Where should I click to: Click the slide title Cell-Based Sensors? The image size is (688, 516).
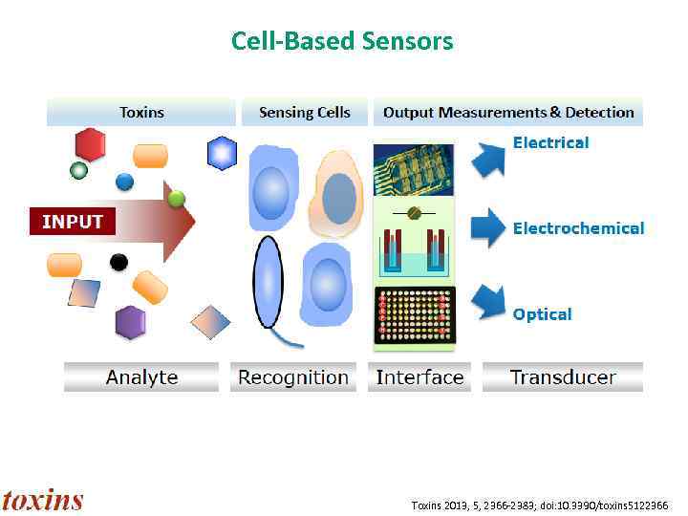click(x=342, y=41)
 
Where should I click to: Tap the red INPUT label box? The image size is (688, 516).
click(x=72, y=222)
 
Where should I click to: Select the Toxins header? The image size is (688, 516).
click(x=141, y=113)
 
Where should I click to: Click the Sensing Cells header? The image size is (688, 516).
click(x=304, y=113)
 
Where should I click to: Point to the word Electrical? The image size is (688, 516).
click(x=550, y=142)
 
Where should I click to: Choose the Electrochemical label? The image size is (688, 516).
click(x=578, y=228)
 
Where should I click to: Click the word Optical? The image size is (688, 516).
click(x=542, y=314)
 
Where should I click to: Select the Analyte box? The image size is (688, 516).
click(x=141, y=376)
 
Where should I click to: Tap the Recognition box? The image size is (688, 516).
click(x=292, y=376)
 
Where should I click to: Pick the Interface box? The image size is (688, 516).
click(x=419, y=376)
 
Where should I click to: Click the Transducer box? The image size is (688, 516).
click(x=563, y=376)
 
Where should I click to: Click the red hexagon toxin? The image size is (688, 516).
click(x=91, y=145)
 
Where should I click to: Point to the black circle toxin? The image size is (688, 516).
click(x=118, y=262)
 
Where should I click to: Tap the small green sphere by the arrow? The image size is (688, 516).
click(x=176, y=200)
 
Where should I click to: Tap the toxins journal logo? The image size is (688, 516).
click(x=43, y=500)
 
